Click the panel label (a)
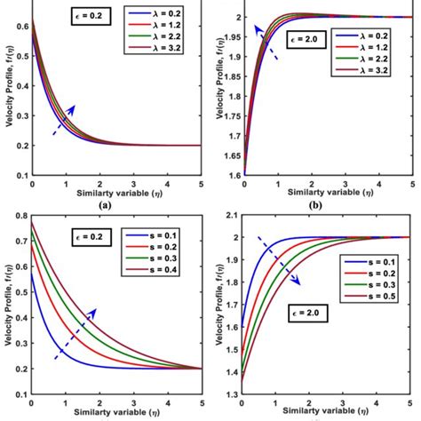106,203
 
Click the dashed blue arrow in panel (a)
61,119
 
